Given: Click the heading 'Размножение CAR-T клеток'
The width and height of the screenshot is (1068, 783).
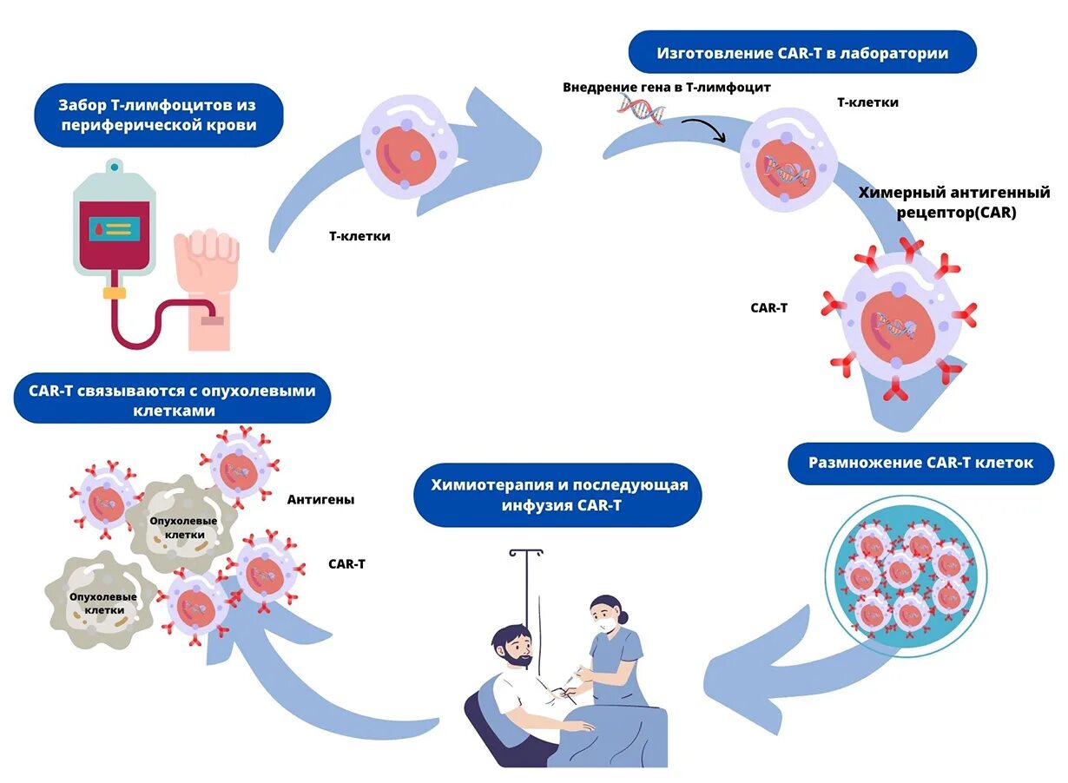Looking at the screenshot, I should point(920,463).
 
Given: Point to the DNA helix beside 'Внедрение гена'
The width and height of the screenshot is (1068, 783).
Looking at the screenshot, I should point(642,110).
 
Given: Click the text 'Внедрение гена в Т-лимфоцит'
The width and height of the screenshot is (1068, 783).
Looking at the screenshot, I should point(666,87).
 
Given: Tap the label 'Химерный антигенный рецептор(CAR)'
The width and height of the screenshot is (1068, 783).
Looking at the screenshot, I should point(953,201).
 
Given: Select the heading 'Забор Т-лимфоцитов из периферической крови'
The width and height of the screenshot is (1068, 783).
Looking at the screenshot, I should point(157,115).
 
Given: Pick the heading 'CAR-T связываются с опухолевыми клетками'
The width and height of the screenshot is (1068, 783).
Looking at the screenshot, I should point(173,400).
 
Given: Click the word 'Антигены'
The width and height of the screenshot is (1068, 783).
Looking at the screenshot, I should point(320,500).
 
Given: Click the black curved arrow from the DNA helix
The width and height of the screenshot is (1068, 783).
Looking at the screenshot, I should point(703,128).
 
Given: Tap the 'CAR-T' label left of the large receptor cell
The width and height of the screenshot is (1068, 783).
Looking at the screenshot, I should point(768,307).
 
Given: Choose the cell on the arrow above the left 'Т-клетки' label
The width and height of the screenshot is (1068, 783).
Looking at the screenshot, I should point(409,148).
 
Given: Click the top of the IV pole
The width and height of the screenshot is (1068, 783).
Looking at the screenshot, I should point(526,551).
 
